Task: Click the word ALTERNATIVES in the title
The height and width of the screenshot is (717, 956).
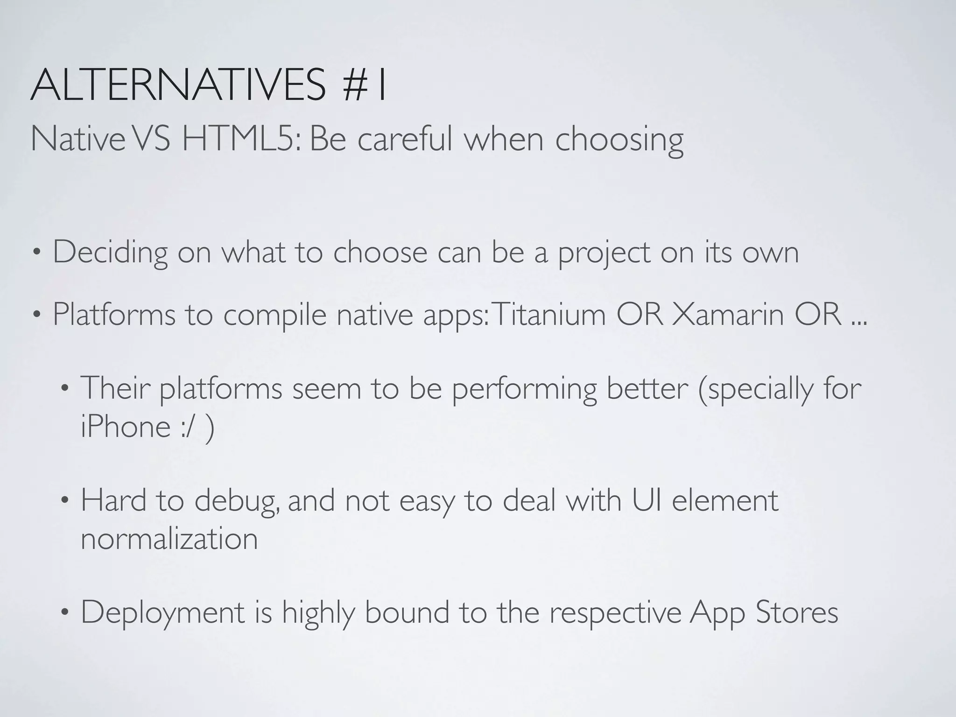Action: (177, 85)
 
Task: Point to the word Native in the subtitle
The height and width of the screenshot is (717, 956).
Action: (77, 139)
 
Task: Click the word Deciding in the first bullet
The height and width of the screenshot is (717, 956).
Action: (110, 253)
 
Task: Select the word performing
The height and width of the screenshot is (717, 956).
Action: (524, 388)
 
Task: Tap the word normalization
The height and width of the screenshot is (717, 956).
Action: (169, 539)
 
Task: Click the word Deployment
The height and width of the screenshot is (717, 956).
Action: (163, 613)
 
